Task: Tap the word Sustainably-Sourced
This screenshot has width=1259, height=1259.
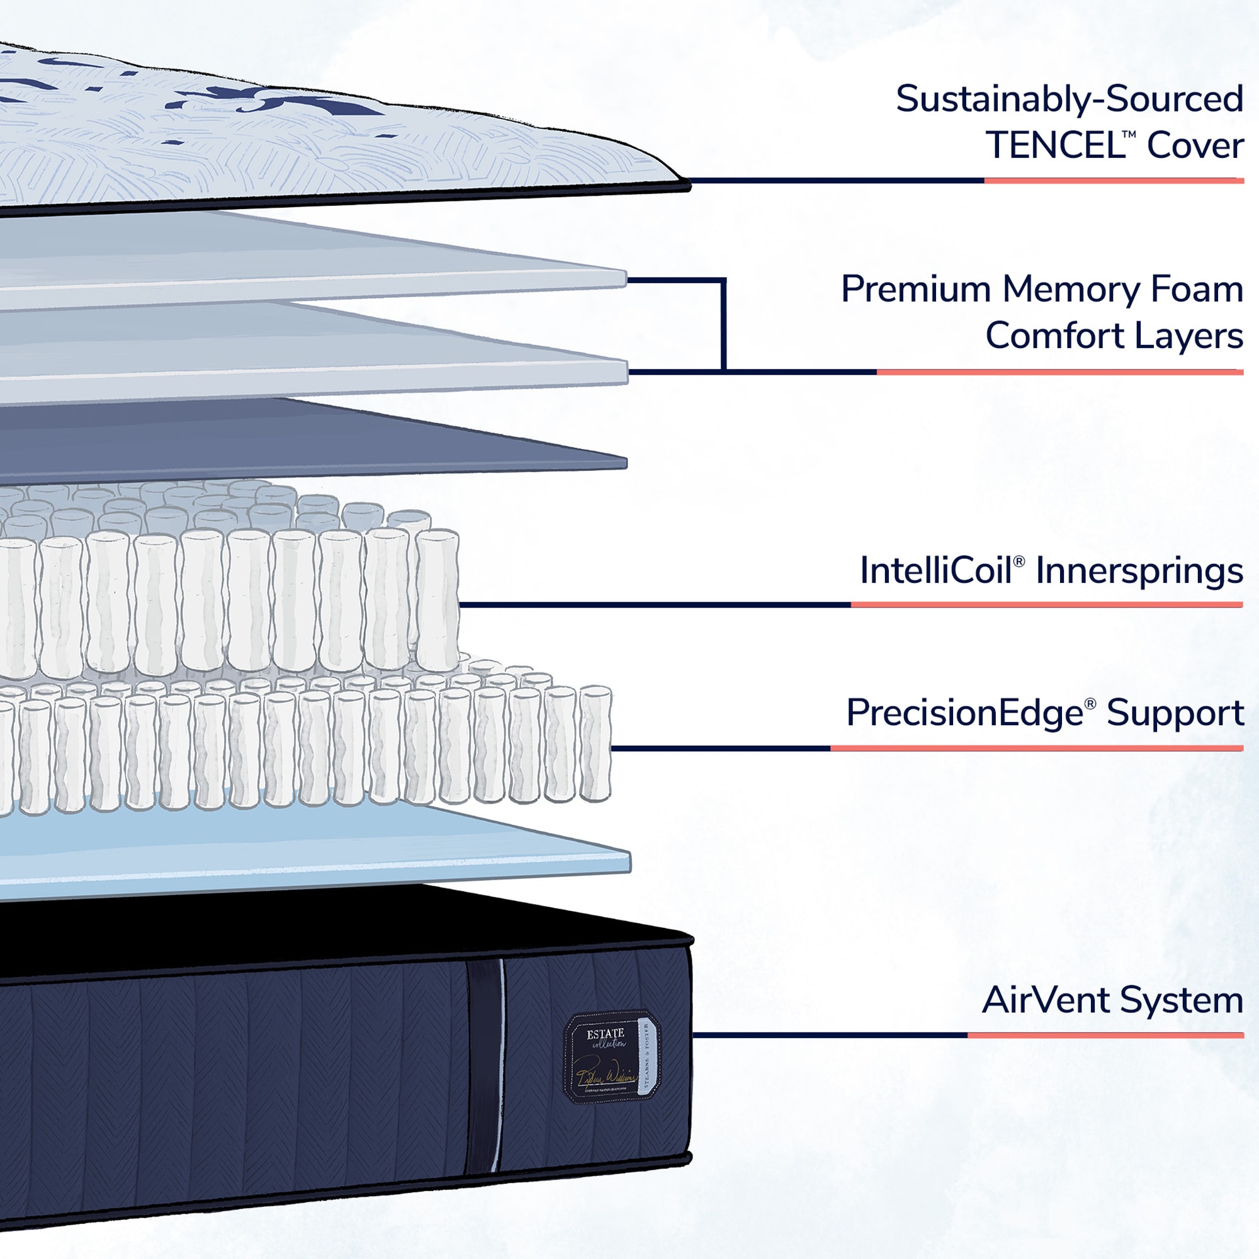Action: [1070, 99]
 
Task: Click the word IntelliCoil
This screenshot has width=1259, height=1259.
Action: [936, 570]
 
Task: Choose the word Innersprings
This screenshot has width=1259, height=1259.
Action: [1139, 572]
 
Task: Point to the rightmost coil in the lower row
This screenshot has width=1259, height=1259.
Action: [594, 743]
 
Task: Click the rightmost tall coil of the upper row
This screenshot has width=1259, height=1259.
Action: [438, 598]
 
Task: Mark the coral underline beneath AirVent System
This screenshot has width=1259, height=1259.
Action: [1105, 1035]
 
